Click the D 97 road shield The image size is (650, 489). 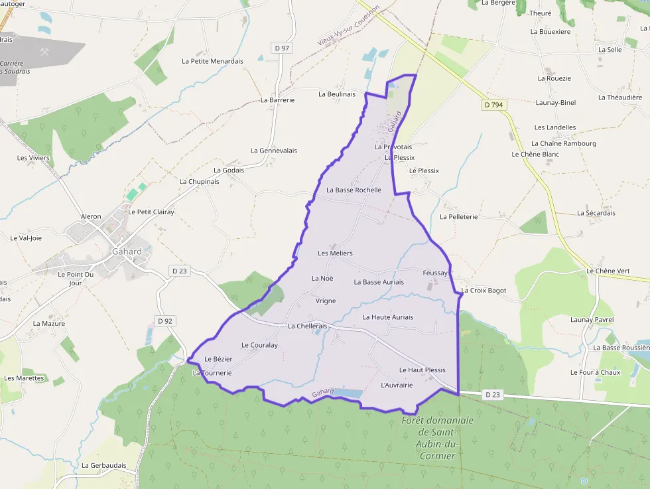282,48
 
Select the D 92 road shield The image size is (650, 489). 164,321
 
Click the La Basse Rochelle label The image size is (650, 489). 354,190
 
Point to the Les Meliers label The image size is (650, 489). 335,253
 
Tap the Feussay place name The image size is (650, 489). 436,273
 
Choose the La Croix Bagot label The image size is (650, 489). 484,291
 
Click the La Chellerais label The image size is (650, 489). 308,326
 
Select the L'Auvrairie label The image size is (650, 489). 397,385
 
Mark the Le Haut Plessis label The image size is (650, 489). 422,370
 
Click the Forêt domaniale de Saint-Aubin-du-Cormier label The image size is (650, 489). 437,438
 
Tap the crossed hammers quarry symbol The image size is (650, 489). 45,52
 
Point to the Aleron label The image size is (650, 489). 91,216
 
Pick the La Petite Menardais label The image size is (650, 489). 212,61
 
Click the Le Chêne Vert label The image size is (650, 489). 608,271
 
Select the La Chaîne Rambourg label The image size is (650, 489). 563,143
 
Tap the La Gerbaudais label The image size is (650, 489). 103,465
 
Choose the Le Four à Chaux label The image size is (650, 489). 595,372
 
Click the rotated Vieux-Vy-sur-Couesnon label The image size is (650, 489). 348,26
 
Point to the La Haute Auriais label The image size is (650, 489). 387,317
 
